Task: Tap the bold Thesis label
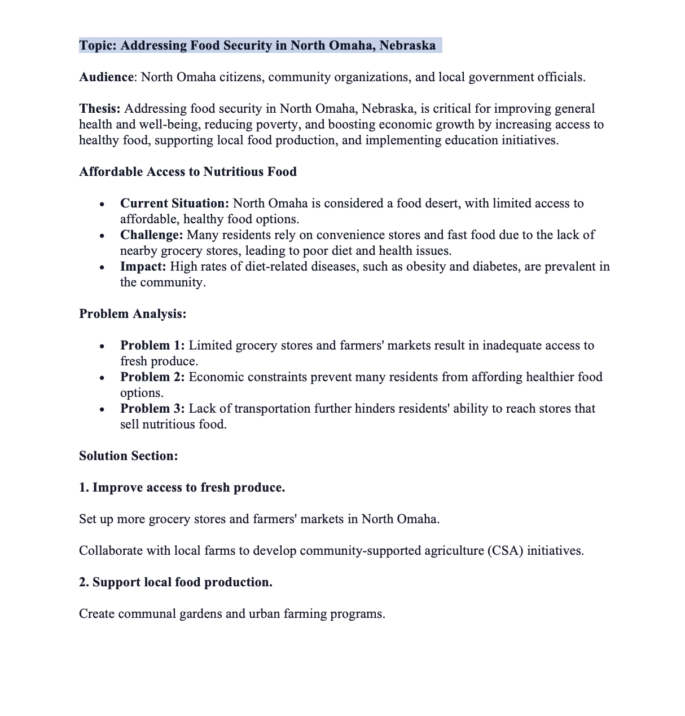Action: [x=99, y=109]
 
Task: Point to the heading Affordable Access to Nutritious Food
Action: [x=188, y=172]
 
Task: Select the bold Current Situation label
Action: [x=174, y=204]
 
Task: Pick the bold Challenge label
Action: [x=151, y=235]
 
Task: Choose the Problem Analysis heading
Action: [x=133, y=314]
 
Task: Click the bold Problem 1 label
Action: [x=152, y=346]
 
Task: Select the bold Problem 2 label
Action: [x=152, y=377]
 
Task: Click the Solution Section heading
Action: [x=129, y=456]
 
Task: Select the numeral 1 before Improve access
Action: [x=83, y=488]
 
